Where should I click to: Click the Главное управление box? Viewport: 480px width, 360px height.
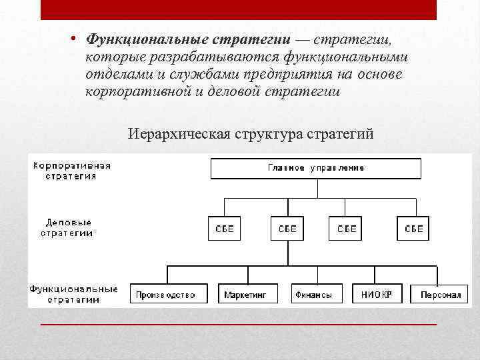316,168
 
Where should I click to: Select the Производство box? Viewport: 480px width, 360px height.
165,294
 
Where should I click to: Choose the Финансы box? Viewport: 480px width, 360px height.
316,294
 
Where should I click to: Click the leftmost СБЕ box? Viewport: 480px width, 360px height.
224,229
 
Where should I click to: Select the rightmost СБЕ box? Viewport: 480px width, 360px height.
414,229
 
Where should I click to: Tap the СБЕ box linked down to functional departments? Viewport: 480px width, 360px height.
287,229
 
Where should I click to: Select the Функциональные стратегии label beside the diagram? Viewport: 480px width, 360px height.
73,294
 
